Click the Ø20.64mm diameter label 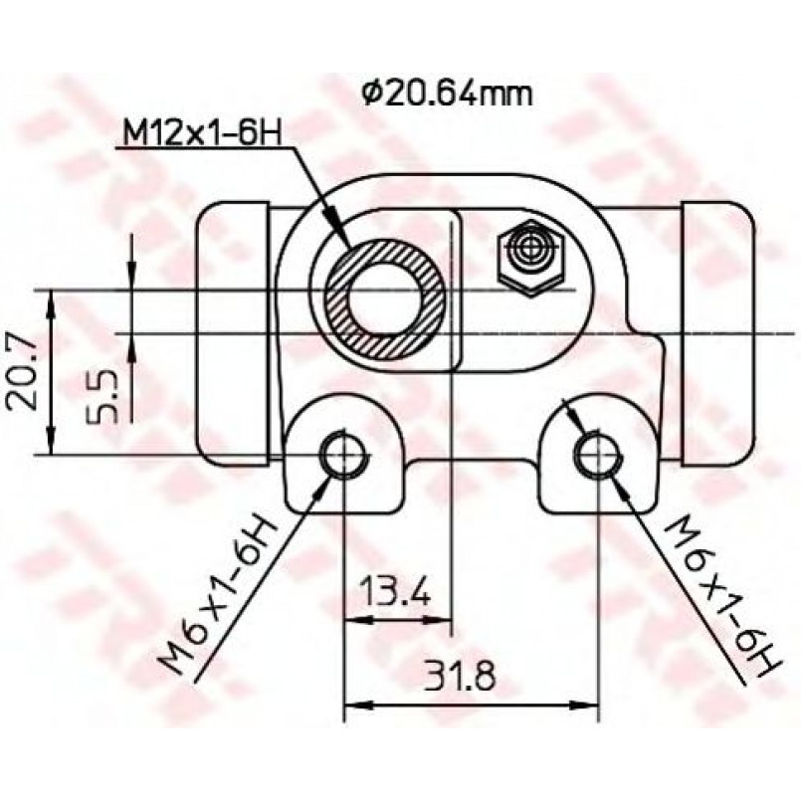[448, 93]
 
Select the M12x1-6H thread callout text [202, 134]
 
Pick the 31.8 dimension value [460, 676]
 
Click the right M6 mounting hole [598, 454]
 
